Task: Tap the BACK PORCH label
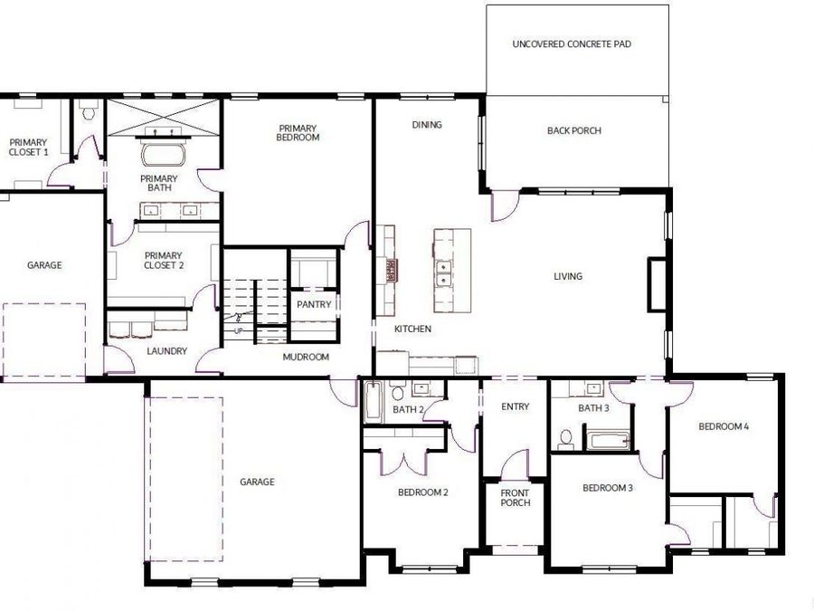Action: (x=573, y=130)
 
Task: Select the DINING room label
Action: (x=427, y=125)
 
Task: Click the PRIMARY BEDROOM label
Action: (x=298, y=133)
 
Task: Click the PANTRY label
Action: (x=314, y=305)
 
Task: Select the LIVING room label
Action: (x=568, y=276)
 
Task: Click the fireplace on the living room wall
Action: (x=656, y=285)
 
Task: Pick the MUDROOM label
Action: (x=306, y=357)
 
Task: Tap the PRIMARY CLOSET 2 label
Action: (x=164, y=261)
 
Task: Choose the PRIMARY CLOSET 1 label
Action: (x=28, y=147)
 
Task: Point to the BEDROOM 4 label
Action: (x=724, y=425)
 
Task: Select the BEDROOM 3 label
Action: (x=607, y=488)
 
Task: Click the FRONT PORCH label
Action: (x=516, y=497)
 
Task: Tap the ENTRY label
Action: (x=515, y=406)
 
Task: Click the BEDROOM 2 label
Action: (x=423, y=492)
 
